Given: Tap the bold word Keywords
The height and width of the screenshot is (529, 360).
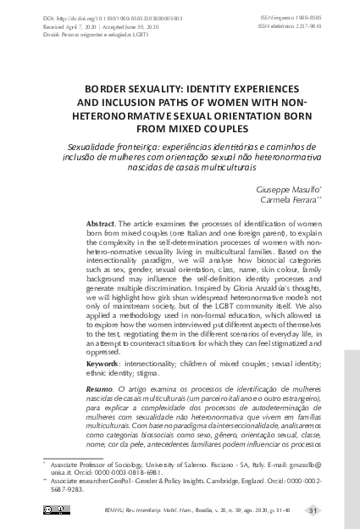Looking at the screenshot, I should coord(104,362).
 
